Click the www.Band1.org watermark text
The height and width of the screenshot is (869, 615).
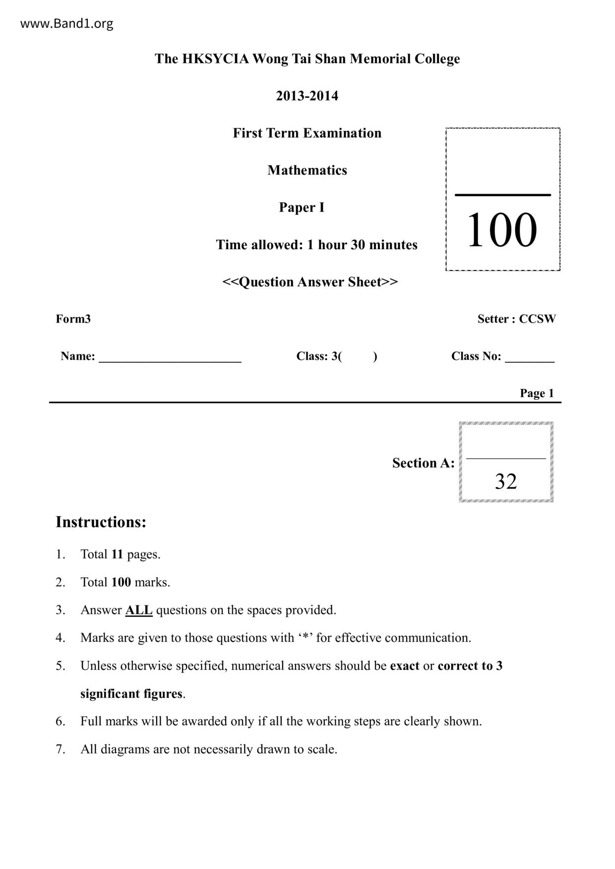point(66,24)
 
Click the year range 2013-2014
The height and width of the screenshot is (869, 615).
point(307,96)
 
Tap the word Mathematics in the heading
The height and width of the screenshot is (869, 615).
point(307,170)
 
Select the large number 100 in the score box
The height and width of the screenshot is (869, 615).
point(502,230)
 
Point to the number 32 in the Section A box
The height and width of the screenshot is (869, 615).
point(505,481)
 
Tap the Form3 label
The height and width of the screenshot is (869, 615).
point(73,319)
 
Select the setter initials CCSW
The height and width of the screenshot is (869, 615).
point(537,319)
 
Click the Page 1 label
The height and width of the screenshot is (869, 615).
point(537,393)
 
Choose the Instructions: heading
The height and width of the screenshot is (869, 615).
point(101,522)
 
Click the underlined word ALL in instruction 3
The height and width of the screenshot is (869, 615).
point(138,610)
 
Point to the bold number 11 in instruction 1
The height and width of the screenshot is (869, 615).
point(117,554)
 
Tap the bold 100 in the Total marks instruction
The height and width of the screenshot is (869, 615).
point(121,582)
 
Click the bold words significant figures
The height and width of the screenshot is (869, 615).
point(131,694)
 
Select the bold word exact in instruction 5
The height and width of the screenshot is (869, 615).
point(405,666)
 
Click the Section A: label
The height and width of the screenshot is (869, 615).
point(423,463)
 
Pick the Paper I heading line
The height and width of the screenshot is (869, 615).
point(302,207)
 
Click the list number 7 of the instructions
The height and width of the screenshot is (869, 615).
point(60,749)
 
